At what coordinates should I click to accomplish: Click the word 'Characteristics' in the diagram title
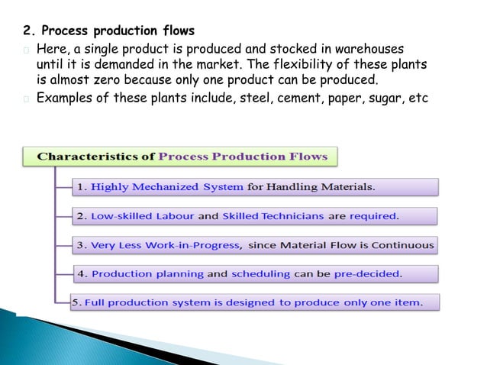(x=96, y=157)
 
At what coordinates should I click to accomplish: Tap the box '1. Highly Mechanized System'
(x=256, y=186)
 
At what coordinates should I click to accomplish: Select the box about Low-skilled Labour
(x=256, y=216)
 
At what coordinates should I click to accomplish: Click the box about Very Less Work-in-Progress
(x=256, y=245)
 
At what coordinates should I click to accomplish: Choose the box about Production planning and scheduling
(x=256, y=273)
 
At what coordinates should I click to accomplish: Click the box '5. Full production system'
(x=256, y=302)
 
